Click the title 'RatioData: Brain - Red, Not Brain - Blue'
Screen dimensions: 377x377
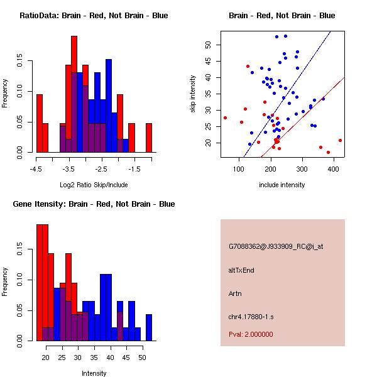(x=94, y=16)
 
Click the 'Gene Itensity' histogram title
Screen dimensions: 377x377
(x=94, y=204)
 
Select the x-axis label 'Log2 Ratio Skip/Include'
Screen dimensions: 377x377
(x=94, y=185)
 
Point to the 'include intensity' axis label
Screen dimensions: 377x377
(x=281, y=185)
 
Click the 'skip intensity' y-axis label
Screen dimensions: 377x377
(x=194, y=94)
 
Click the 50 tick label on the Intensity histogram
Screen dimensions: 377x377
(x=142, y=358)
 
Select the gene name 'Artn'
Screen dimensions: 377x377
(x=236, y=293)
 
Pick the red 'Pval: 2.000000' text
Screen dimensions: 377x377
(x=251, y=334)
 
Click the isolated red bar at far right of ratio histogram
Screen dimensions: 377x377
(x=149, y=138)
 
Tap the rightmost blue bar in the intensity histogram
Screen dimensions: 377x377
(x=149, y=327)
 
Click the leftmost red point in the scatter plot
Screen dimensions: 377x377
(x=225, y=117)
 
